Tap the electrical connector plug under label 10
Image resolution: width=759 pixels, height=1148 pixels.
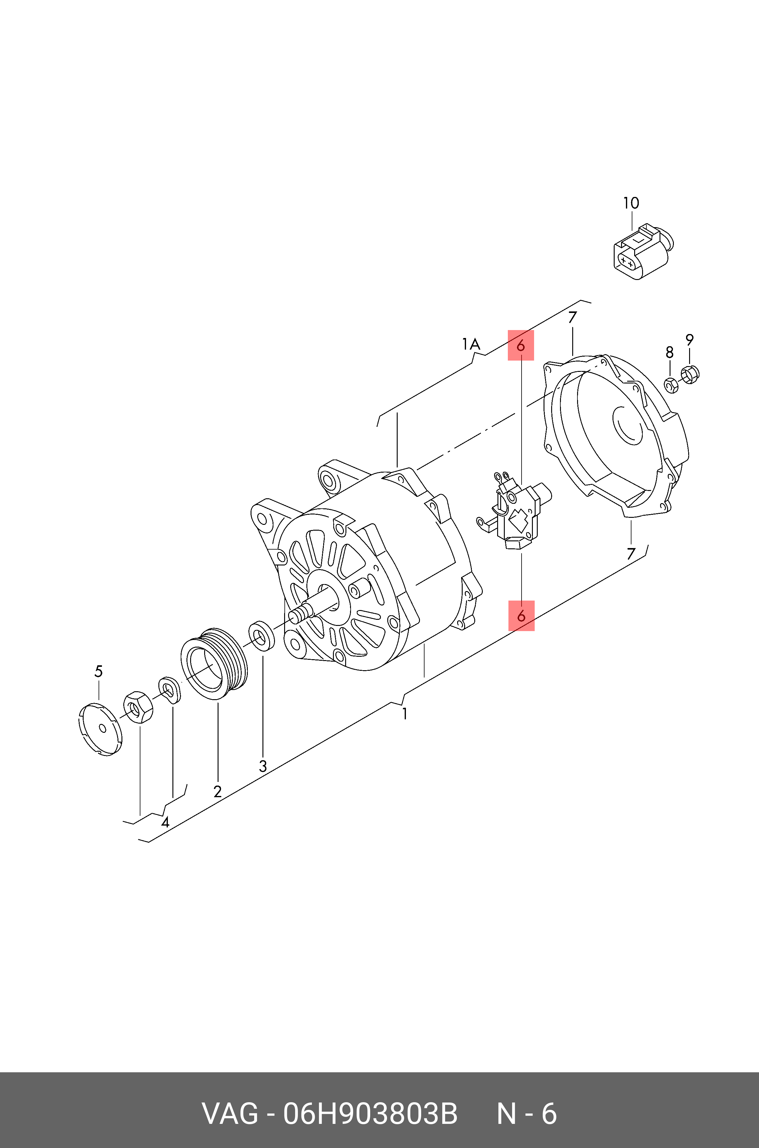(640, 252)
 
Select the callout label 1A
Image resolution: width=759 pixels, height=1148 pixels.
(471, 345)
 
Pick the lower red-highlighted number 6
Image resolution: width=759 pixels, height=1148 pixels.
(521, 616)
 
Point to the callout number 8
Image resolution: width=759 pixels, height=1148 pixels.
(670, 352)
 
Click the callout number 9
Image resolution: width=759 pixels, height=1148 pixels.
(689, 340)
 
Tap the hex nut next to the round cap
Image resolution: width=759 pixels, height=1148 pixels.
(138, 707)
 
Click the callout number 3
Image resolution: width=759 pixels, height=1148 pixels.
(263, 766)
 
